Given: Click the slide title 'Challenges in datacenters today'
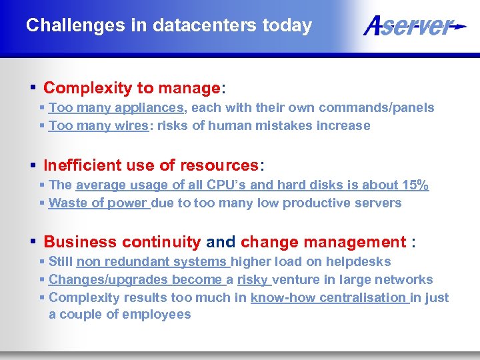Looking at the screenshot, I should (x=169, y=25).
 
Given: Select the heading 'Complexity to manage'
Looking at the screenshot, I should (x=131, y=88).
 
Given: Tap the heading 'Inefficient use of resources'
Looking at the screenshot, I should (x=151, y=165).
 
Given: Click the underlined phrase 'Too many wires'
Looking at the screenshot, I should (x=99, y=126).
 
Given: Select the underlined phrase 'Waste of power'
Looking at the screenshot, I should (x=99, y=203).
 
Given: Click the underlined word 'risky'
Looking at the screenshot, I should (x=253, y=280).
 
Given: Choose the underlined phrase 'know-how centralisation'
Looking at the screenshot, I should (x=329, y=298).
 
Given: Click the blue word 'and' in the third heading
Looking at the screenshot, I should (x=221, y=242).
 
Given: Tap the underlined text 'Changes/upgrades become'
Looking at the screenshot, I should (x=136, y=280).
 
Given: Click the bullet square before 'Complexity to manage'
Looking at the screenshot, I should (x=33, y=88).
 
